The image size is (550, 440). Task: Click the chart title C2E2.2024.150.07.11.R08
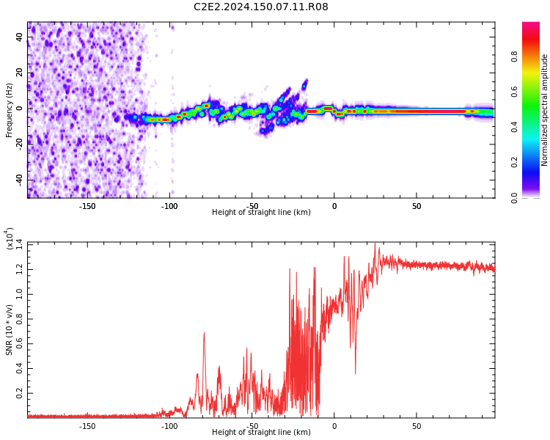261,7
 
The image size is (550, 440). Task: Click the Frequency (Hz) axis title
10,110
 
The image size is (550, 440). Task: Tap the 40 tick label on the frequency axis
20,37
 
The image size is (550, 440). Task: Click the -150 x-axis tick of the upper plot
87,206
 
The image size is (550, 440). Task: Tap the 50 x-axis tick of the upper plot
416,206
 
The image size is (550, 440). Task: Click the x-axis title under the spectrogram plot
261,213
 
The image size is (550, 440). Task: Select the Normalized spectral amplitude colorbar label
545,110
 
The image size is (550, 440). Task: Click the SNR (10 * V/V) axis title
10,320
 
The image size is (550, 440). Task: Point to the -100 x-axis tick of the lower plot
169,425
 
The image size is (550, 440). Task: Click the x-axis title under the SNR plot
261,433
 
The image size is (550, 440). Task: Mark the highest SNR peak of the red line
376,244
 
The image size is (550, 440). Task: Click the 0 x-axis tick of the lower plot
334,425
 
